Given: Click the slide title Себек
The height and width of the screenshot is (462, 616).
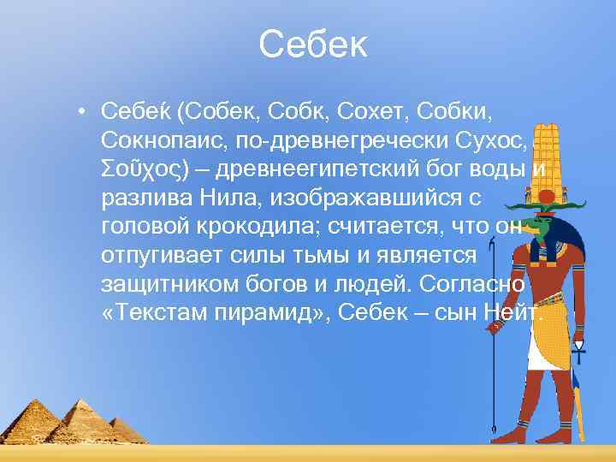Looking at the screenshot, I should tap(312, 45).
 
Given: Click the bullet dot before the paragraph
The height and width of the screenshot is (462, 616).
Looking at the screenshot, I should tap(79, 111).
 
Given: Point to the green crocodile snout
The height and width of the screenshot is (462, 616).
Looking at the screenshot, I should tap(536, 225).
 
